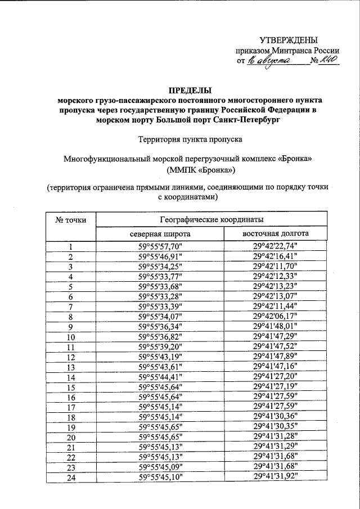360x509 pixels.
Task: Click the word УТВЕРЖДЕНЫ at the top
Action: tap(288, 39)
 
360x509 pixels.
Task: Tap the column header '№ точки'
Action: tap(70, 219)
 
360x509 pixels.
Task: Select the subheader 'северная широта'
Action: tap(160, 233)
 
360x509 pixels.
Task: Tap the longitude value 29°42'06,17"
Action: tap(275, 317)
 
